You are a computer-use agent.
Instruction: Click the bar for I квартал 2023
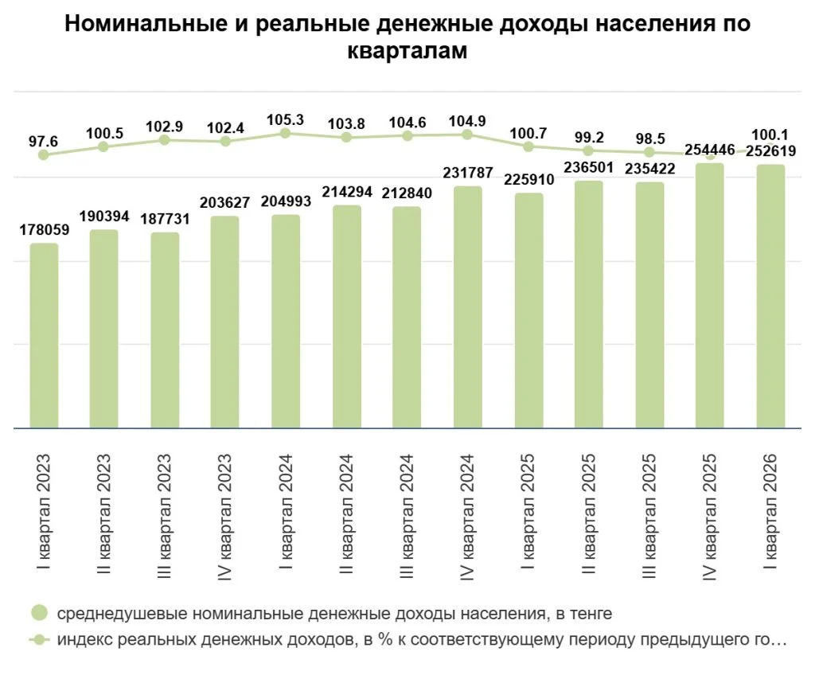[x=45, y=336]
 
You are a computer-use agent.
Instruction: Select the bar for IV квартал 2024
[x=468, y=307]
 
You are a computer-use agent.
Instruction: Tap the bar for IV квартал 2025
[x=710, y=296]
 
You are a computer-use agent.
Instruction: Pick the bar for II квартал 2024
[x=347, y=317]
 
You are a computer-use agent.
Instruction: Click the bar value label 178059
[x=45, y=230]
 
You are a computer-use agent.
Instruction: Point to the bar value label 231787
[x=468, y=173]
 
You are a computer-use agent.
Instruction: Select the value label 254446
[x=710, y=150]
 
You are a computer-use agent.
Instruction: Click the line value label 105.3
[x=286, y=120]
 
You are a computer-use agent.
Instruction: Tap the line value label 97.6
[x=43, y=142]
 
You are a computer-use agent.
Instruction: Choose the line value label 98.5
[x=650, y=139]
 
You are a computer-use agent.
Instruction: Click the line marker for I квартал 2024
[x=286, y=133]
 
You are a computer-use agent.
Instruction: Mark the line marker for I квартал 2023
[x=44, y=155]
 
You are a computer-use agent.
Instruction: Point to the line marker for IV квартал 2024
[x=467, y=135]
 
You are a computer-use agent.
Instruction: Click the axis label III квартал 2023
[x=164, y=516]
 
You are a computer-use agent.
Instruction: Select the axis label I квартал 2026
[x=770, y=511]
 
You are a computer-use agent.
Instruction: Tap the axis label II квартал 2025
[x=588, y=513]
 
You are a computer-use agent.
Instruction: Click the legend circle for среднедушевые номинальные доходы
[x=40, y=613]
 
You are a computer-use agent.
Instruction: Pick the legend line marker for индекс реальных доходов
[x=39, y=639]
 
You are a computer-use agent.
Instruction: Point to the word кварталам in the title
[x=407, y=51]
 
